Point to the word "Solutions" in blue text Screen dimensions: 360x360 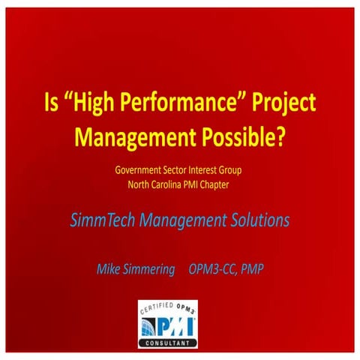[254, 220]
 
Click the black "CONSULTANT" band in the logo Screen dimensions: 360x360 [168, 343]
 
